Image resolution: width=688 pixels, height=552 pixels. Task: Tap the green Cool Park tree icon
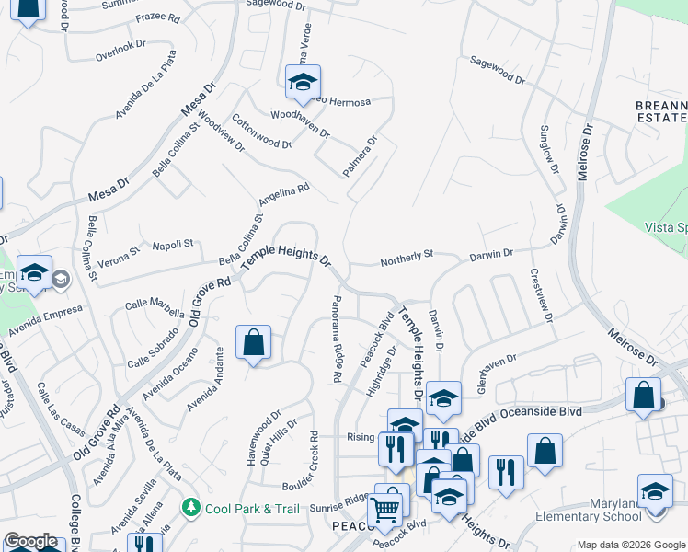(x=191, y=507)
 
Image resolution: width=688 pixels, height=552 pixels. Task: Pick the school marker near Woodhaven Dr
(x=302, y=82)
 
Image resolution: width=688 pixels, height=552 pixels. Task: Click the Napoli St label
(x=172, y=245)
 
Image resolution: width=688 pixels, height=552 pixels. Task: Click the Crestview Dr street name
(x=541, y=294)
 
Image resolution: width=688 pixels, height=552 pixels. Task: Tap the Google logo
(x=29, y=542)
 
